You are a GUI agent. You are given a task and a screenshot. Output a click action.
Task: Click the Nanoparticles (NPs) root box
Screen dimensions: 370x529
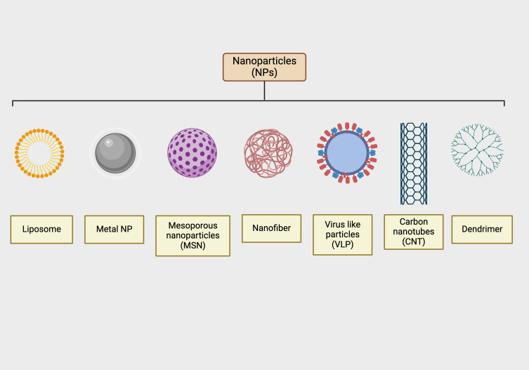[x=264, y=67]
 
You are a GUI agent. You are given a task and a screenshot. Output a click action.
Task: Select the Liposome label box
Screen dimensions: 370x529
[x=41, y=229]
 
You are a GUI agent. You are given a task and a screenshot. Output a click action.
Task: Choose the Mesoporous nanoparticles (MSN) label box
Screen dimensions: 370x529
[x=192, y=235]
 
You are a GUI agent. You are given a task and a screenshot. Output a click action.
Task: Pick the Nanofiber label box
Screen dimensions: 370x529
[x=266, y=229]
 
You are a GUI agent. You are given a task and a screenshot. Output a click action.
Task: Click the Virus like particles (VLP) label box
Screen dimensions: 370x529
[x=342, y=234]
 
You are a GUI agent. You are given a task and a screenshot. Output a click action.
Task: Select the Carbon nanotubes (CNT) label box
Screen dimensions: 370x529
[x=414, y=232]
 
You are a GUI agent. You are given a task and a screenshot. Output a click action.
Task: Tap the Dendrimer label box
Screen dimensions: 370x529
[x=482, y=229]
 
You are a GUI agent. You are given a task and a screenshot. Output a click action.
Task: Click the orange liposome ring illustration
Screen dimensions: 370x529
[x=39, y=153]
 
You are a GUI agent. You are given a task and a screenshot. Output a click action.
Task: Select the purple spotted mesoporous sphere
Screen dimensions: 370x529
[x=192, y=153]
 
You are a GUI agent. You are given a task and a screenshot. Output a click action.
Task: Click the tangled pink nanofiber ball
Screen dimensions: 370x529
[x=267, y=153]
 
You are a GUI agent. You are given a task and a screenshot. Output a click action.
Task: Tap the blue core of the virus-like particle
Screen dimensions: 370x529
[x=343, y=152]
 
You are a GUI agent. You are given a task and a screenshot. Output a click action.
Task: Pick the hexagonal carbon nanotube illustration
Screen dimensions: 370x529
[x=413, y=163]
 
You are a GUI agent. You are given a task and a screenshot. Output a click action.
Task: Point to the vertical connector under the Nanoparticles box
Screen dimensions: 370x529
[x=264, y=91]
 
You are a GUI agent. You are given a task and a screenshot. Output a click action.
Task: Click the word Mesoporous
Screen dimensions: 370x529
[x=192, y=226]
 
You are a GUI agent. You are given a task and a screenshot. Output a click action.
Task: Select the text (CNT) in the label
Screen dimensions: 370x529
[x=414, y=242]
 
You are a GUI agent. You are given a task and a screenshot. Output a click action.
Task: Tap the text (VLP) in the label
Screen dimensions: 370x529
[x=342, y=246]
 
